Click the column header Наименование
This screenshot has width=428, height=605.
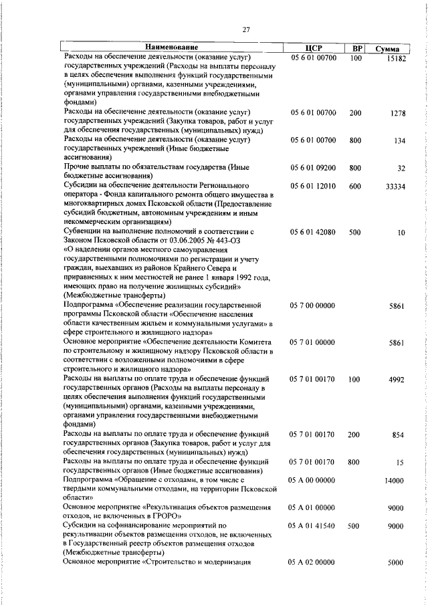172,47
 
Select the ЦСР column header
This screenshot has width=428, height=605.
313,48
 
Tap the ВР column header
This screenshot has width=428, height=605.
357,48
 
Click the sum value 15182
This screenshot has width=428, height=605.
396,59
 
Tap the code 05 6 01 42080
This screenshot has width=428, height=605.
313,232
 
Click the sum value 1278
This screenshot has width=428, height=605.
398,114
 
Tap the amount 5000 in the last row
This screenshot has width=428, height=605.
395,563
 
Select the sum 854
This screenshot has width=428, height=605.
398,435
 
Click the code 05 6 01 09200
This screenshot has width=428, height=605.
313,168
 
